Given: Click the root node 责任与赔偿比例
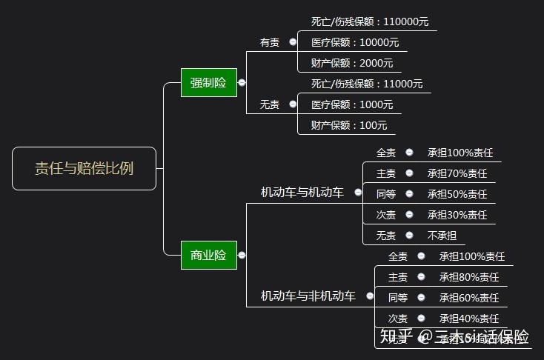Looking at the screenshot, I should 84,168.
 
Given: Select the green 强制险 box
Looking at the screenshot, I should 208,82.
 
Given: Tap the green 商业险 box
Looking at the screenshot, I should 208,255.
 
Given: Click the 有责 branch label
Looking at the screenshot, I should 270,42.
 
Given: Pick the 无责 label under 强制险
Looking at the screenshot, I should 270,104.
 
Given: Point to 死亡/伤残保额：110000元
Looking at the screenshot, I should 370,21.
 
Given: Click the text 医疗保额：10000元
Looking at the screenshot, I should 355,42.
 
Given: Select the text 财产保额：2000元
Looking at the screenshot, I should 352,63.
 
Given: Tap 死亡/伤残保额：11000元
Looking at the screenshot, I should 367,84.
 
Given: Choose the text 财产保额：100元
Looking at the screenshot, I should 349,125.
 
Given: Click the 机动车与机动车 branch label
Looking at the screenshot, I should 302,193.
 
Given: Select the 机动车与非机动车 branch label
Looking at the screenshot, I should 308,296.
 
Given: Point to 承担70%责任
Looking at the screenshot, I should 457,173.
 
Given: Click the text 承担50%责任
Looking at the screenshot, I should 457,194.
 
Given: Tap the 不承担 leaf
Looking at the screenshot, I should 442,236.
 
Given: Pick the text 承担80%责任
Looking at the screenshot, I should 469,277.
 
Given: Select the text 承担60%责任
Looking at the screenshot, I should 469,298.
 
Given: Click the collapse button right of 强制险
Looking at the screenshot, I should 242,83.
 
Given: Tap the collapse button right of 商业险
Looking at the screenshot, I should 242,255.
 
